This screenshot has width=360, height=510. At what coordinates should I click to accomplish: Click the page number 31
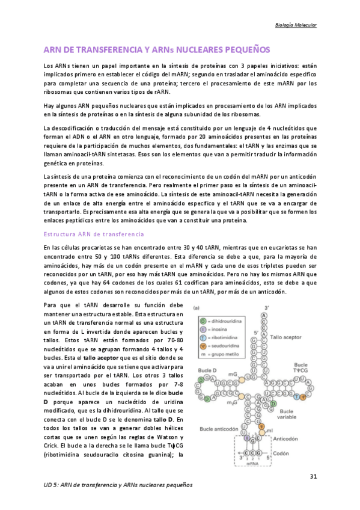coord(313,476)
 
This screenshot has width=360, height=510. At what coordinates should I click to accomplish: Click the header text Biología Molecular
coord(291,25)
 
